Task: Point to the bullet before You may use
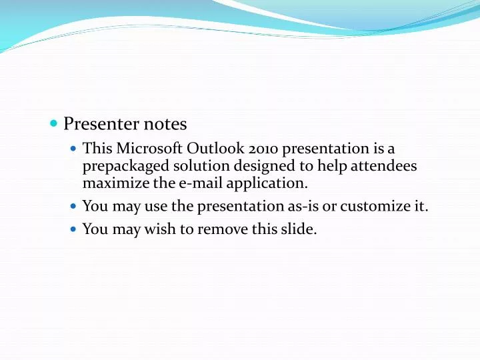click(73, 207)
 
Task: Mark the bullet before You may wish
click(73, 229)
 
